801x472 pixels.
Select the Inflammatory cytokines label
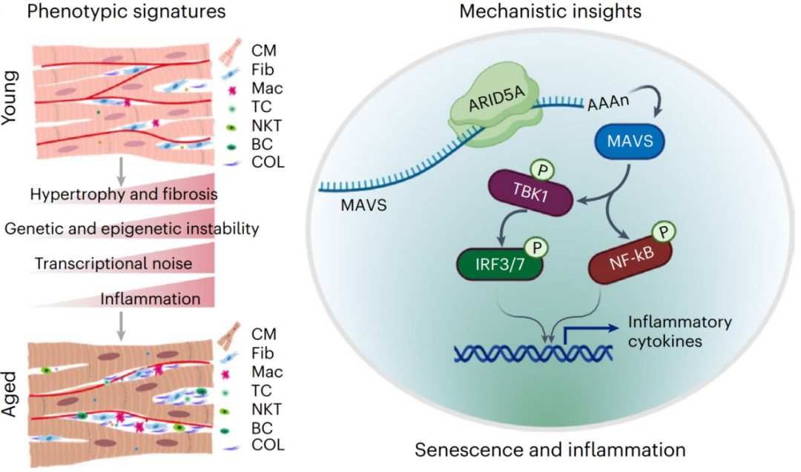coord(679,330)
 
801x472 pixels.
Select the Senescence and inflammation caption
coord(549,450)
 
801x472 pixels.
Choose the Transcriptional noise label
coord(113,264)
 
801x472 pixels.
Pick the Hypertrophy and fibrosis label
coord(122,194)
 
